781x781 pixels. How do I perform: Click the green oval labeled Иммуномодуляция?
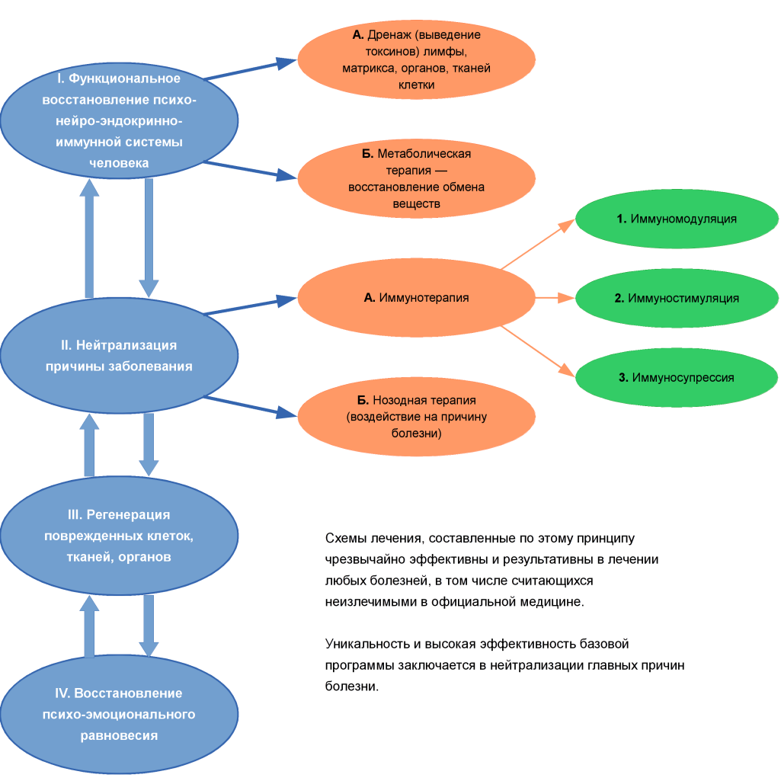(x=677, y=219)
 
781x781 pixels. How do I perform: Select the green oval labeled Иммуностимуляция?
(x=677, y=298)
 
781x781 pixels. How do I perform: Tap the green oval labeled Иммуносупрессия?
(x=677, y=377)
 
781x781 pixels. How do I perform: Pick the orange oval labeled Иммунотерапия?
(x=416, y=297)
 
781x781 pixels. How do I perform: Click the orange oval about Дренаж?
(x=416, y=59)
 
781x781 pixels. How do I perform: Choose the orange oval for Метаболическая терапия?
(x=416, y=178)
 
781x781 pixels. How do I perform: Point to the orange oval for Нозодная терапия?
(x=416, y=416)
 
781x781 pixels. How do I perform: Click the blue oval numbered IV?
(x=119, y=714)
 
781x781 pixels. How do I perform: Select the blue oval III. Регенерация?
(x=119, y=536)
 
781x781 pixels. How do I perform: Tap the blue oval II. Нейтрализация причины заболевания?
(x=119, y=356)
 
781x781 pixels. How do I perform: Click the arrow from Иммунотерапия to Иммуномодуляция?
(x=538, y=244)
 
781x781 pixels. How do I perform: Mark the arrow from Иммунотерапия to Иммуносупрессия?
(x=538, y=351)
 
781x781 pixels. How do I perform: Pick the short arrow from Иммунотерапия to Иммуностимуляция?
(x=555, y=298)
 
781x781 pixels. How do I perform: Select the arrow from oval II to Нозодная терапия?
(x=251, y=406)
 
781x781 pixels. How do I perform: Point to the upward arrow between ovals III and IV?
(x=89, y=626)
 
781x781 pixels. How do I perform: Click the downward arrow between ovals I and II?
(x=149, y=238)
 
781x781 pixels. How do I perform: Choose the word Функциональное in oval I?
(x=124, y=78)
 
